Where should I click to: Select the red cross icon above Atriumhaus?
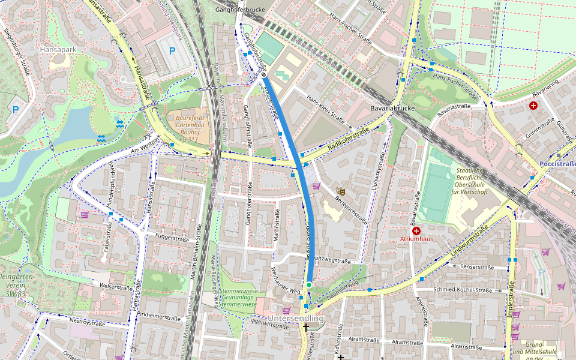click(416, 230)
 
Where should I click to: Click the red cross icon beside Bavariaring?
click(533, 106)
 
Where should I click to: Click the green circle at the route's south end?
click(308, 284)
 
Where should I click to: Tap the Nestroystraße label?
click(88, 322)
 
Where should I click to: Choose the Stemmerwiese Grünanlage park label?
click(238, 298)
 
